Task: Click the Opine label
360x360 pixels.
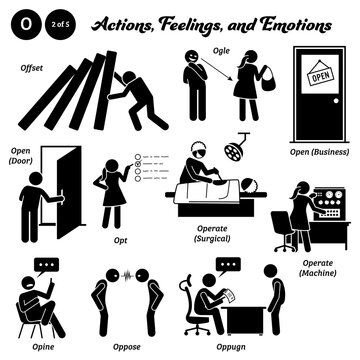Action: coord(30,337)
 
